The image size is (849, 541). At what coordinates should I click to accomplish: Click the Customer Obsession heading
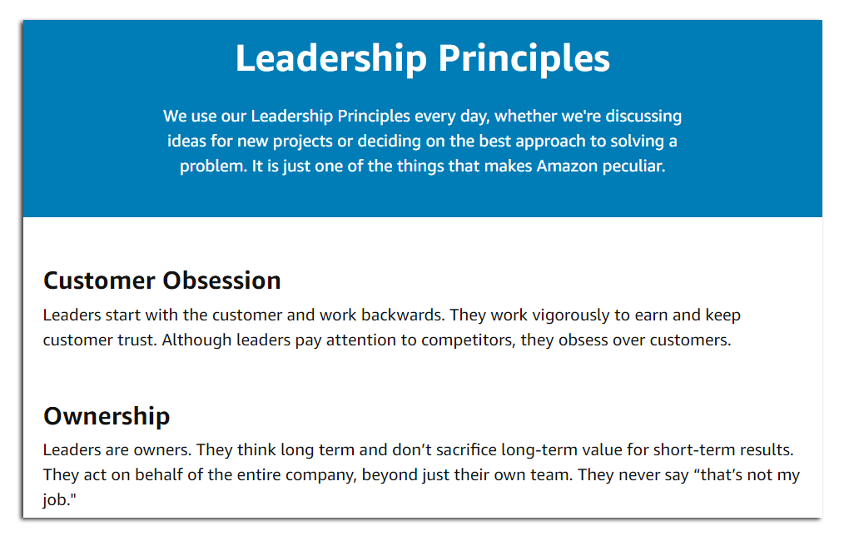(x=162, y=280)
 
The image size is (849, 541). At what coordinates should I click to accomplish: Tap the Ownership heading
(x=107, y=415)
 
